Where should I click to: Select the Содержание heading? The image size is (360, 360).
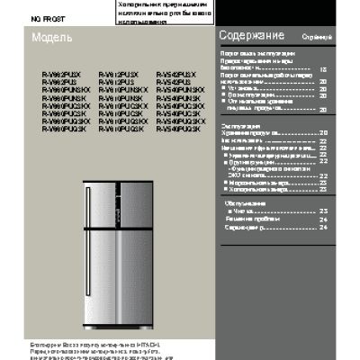(x=252, y=36)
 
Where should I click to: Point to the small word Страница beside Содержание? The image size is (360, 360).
(x=315, y=38)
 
